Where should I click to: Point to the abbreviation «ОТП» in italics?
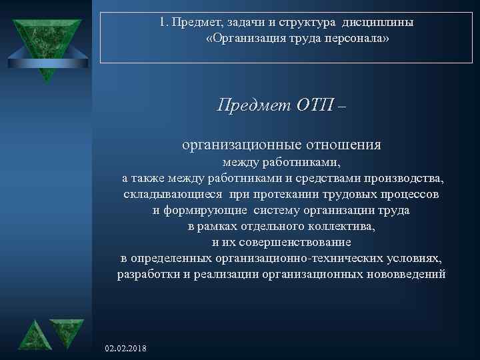(x=313, y=105)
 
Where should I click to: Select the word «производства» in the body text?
(x=405, y=179)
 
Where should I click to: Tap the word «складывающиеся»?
(x=174, y=195)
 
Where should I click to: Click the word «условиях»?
(x=417, y=259)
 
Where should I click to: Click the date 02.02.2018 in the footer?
(x=127, y=349)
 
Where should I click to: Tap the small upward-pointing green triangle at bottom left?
(x=31, y=335)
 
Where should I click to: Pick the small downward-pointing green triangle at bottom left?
(x=67, y=331)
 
